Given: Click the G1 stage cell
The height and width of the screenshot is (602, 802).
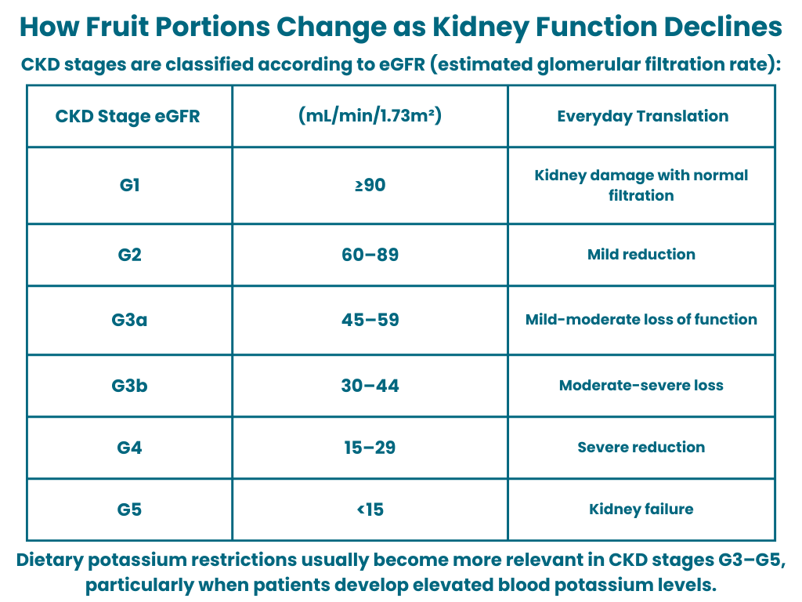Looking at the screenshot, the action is point(129,185).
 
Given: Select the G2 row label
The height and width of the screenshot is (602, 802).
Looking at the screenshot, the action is point(129,255).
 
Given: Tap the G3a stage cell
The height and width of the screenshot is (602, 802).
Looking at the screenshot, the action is point(129,320).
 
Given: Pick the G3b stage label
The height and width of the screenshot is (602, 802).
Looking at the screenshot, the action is point(129,386).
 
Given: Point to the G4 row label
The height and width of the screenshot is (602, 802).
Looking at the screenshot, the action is point(129,448).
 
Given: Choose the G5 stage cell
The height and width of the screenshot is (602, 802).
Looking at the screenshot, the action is point(129,510).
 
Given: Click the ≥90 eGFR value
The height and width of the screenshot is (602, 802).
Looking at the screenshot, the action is point(370,185).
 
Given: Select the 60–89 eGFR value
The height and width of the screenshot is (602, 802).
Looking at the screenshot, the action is point(370,255).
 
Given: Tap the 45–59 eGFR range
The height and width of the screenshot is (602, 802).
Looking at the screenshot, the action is point(370,320).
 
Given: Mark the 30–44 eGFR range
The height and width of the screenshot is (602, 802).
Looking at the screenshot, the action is point(370,386).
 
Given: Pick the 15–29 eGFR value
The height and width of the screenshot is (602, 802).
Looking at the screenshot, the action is point(370,448).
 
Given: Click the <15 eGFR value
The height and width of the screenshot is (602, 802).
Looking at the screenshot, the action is point(370,510).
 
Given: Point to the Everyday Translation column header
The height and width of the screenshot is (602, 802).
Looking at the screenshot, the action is point(643,116).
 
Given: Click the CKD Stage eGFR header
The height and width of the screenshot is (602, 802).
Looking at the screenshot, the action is point(128,116).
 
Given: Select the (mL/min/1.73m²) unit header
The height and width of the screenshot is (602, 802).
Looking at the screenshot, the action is point(370,115).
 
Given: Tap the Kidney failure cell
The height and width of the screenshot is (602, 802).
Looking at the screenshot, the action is point(641,510).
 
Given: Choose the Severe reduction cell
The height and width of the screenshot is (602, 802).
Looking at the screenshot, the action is point(641,448).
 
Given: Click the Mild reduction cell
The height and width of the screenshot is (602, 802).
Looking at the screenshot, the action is point(641,255).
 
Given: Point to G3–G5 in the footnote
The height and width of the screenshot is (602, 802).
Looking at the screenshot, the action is point(752,560).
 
